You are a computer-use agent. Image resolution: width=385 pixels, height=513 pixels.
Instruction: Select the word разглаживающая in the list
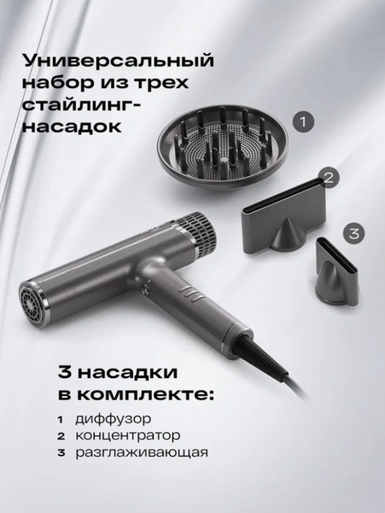click(x=140, y=451)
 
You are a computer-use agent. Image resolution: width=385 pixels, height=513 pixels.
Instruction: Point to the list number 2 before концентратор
click(x=61, y=435)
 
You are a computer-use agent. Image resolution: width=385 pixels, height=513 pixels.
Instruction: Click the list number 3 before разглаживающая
click(x=61, y=451)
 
